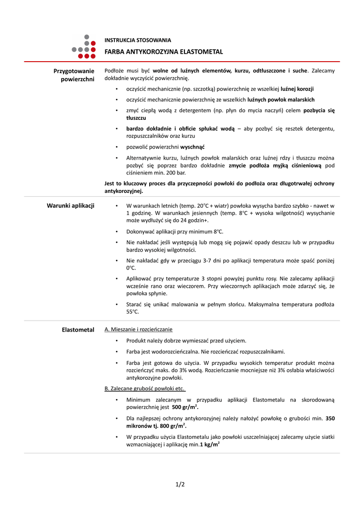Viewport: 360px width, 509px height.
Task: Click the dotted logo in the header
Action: click(84, 46)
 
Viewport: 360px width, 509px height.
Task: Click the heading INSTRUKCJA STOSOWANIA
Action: click(137, 40)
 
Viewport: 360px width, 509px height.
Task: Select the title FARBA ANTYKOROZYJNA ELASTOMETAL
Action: click(164, 52)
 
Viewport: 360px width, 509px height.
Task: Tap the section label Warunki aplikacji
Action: click(71, 205)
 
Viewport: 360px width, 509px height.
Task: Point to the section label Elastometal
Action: click(78, 330)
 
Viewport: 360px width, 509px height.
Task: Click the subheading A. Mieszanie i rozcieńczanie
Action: click(139, 330)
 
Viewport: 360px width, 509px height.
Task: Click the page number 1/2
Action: click(180, 484)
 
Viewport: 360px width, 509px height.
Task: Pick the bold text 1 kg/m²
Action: click(210, 445)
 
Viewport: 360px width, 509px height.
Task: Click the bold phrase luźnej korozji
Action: click(297, 88)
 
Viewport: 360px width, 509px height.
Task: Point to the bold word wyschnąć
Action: click(192, 147)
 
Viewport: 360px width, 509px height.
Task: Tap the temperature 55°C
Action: click(133, 312)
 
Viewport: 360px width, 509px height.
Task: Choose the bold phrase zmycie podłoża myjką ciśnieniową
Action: click(275, 165)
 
